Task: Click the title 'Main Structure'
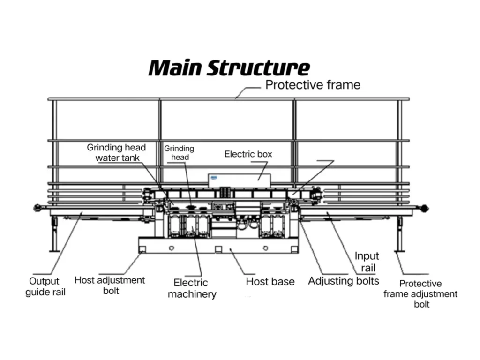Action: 229,68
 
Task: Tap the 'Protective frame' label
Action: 313,85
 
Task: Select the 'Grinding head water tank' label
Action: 117,153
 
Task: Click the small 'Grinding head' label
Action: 179,153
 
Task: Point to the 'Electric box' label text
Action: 248,154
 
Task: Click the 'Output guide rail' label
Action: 45,286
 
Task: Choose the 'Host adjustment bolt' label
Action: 110,285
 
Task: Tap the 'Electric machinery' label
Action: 192,288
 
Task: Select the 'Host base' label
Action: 270,282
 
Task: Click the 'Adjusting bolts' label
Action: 343,281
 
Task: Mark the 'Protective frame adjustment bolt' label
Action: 420,293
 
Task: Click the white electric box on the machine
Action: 240,179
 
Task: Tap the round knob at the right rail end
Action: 425,208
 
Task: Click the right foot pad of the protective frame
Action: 399,251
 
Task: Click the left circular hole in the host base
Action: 172,247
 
